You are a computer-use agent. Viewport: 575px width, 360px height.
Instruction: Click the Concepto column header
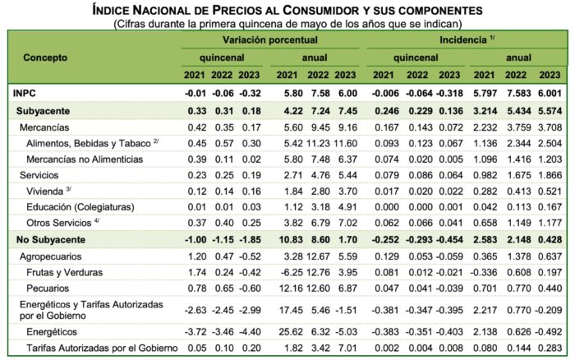tap(45, 58)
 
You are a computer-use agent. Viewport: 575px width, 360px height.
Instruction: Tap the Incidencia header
tap(466, 39)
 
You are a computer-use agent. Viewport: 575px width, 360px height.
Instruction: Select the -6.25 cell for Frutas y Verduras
tap(291, 270)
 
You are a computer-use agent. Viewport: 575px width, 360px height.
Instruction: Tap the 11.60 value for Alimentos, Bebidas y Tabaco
tap(349, 142)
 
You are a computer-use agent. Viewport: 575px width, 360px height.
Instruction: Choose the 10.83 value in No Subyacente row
tap(291, 238)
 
